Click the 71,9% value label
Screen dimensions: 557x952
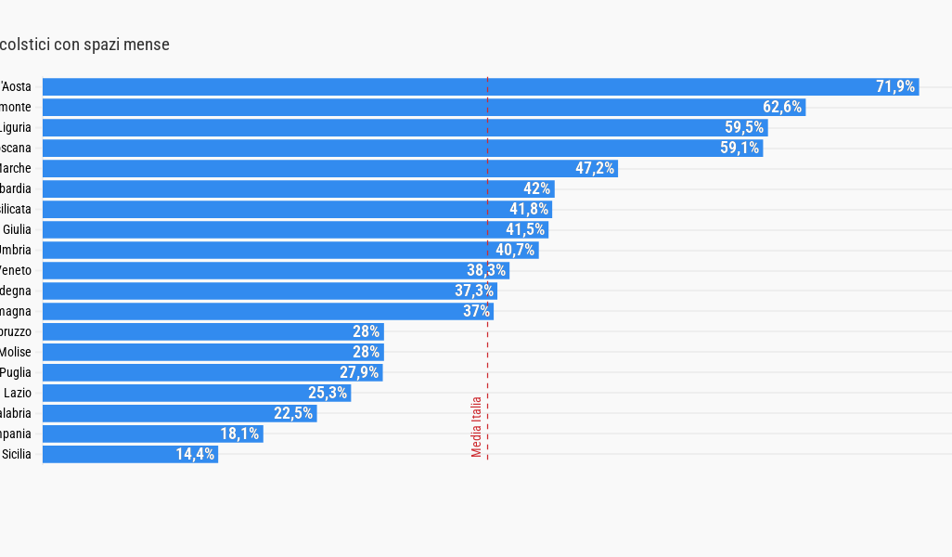pos(895,86)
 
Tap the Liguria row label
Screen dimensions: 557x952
pos(16,127)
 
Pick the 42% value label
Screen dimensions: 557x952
pos(536,188)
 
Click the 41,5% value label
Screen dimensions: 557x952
pos(526,229)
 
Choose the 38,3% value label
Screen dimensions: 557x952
pos(485,270)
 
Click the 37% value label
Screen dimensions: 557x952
pos(476,311)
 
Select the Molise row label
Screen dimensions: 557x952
pos(16,352)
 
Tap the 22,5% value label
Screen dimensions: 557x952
pos(292,413)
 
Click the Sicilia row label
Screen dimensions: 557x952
pos(17,454)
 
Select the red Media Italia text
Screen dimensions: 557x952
pos(476,427)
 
